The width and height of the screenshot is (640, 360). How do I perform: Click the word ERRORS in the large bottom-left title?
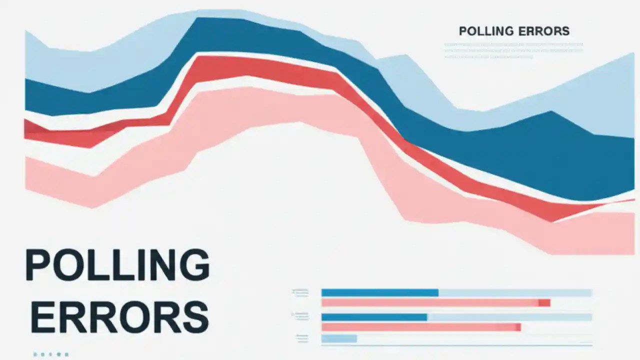click(119, 316)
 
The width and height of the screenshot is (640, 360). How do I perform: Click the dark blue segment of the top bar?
click(379, 292)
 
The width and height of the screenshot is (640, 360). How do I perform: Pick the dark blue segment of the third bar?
click(373, 317)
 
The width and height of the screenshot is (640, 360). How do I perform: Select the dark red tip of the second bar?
click(544, 303)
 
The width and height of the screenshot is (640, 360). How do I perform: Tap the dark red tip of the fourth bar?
click(518, 327)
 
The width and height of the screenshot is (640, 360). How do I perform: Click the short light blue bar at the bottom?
click(339, 338)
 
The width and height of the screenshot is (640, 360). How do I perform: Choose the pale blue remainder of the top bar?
click(515, 292)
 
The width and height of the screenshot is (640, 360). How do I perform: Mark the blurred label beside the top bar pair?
click(300, 293)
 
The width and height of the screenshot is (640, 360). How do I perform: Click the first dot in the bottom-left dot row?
click(35, 354)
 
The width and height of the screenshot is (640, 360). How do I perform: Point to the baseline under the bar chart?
click(456, 345)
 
